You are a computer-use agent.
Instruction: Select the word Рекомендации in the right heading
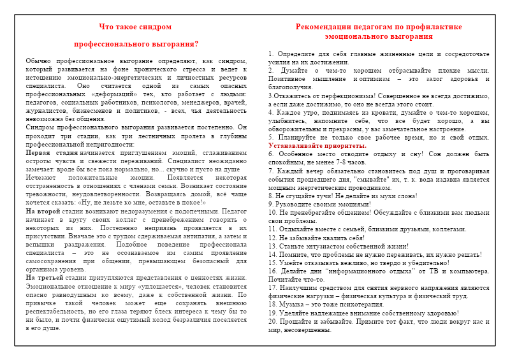coord(323,27)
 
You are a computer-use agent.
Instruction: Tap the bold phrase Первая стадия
coord(47,154)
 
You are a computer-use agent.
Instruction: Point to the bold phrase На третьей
coord(44,278)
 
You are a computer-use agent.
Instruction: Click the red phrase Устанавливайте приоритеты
coord(317,146)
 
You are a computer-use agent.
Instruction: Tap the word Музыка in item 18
coord(293,304)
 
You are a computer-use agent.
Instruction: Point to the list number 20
coord(273,320)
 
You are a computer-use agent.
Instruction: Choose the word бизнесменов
coord(101,110)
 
